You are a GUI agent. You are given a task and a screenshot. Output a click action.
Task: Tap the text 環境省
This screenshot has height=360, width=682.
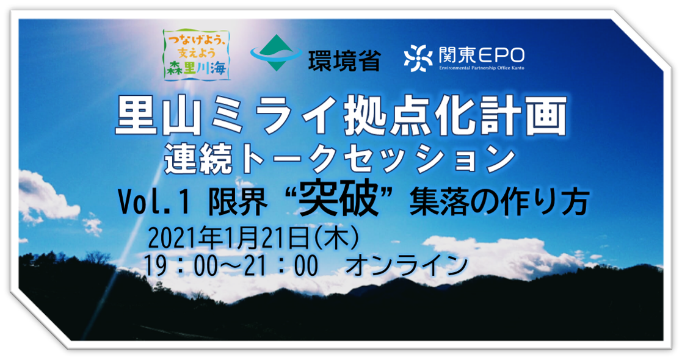coord(344,61)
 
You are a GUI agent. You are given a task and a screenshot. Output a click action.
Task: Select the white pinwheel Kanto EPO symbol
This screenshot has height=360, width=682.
coord(418,58)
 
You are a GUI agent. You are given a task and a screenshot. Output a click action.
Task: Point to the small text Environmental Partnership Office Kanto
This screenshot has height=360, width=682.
coord(482,68)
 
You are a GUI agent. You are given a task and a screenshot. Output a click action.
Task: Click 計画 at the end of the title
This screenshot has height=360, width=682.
coord(527,116)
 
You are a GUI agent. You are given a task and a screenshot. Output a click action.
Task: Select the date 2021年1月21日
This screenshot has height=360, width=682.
coord(228,240)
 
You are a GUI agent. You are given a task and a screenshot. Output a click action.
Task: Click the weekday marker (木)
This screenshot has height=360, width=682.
coord(334,240)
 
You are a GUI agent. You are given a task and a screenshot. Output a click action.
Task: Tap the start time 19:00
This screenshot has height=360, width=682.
coord(180,265)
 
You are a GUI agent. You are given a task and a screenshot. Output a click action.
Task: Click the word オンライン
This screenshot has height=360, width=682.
coord(406,265)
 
